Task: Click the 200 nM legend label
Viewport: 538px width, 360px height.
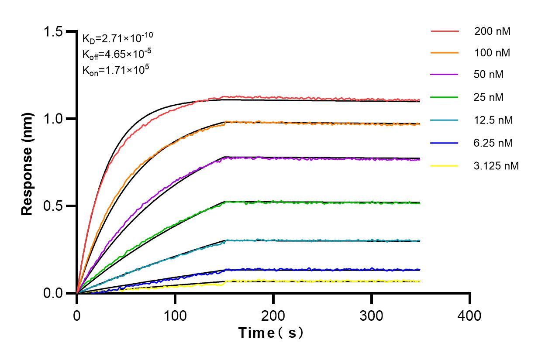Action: click(x=493, y=31)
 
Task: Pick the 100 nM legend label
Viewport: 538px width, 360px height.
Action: click(x=493, y=53)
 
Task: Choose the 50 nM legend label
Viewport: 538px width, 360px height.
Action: click(x=489, y=75)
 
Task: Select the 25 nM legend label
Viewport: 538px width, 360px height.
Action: click(x=489, y=97)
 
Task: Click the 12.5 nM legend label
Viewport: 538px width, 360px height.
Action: click(x=493, y=120)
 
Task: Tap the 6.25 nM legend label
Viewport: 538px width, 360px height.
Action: click(x=493, y=143)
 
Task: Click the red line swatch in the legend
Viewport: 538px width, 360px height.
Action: click(x=445, y=31)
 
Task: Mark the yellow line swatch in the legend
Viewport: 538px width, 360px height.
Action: click(x=445, y=166)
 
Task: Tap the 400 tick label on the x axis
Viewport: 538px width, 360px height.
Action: click(x=470, y=315)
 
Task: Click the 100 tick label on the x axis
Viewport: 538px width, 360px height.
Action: click(x=175, y=315)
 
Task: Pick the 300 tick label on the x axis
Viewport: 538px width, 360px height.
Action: click(x=372, y=315)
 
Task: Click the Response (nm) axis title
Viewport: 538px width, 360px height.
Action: click(x=28, y=162)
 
